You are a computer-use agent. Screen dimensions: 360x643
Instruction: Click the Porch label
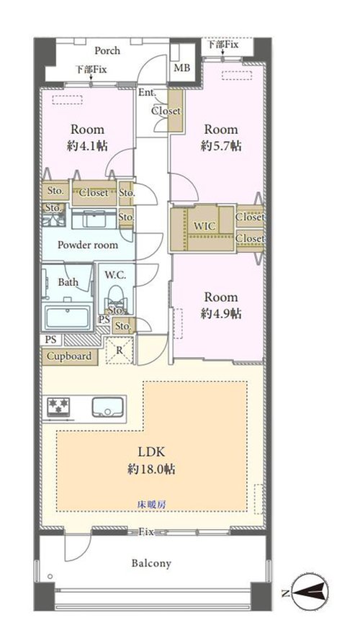click(x=107, y=51)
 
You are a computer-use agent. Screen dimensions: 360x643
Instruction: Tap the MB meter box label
click(x=182, y=68)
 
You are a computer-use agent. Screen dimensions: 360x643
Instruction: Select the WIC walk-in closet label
click(x=204, y=226)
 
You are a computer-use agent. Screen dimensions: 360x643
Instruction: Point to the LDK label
click(x=151, y=452)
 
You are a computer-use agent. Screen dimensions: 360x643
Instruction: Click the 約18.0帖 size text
click(x=151, y=469)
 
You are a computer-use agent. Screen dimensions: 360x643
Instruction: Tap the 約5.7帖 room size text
click(x=221, y=146)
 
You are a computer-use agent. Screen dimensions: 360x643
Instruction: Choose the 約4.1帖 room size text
click(x=87, y=146)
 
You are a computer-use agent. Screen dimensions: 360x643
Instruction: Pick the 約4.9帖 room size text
click(x=221, y=314)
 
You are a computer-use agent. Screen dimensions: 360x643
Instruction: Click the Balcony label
click(x=151, y=564)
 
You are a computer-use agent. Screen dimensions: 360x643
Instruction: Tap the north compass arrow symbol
click(x=310, y=593)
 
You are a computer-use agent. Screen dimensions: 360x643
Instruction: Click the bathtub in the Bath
click(x=67, y=317)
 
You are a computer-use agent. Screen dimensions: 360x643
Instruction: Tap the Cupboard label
click(x=69, y=356)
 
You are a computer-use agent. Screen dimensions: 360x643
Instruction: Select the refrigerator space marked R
click(x=120, y=350)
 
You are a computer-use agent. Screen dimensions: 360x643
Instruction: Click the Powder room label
click(x=88, y=246)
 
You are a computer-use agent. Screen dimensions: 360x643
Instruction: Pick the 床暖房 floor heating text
click(x=151, y=505)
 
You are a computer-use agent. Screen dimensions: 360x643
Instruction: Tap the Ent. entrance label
click(x=147, y=93)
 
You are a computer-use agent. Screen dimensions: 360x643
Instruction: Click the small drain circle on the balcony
click(x=50, y=577)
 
